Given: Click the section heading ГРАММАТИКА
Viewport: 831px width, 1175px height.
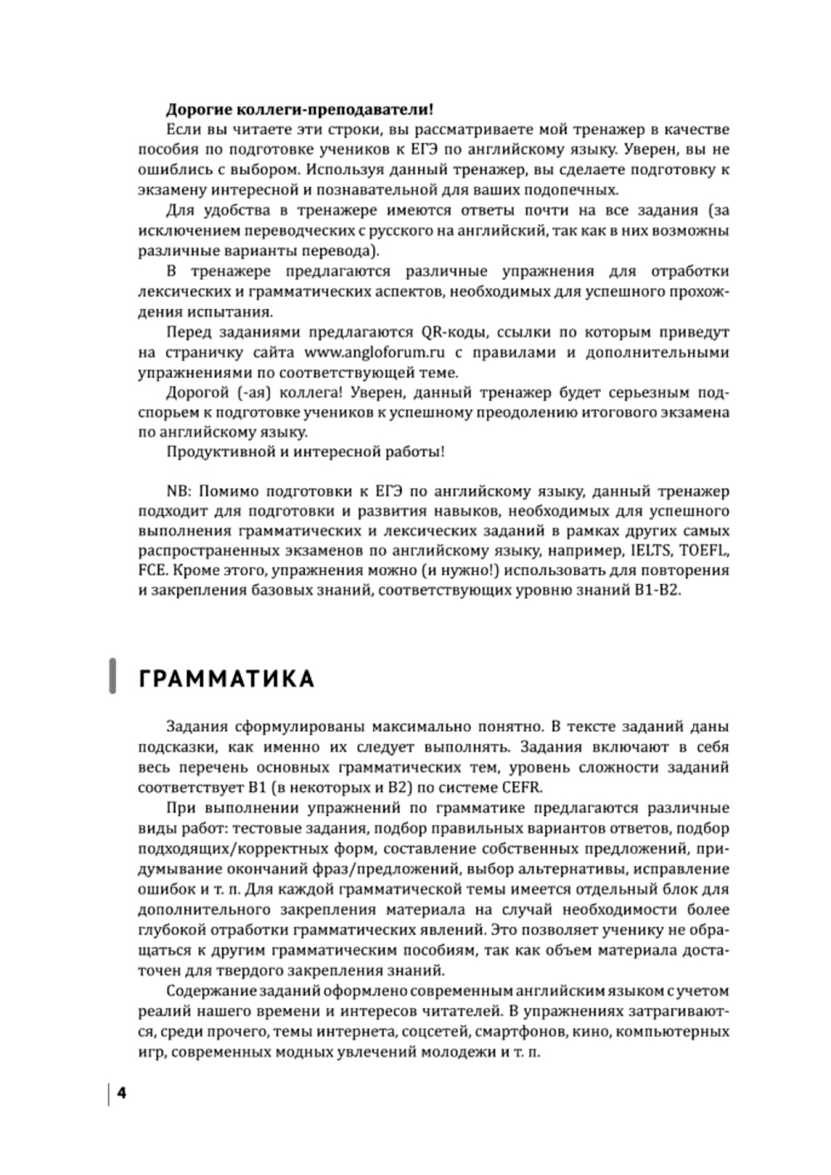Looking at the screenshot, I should click(226, 678).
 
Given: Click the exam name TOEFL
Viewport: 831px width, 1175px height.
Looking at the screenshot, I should click(705, 550).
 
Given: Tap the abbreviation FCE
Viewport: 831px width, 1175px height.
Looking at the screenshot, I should click(151, 571).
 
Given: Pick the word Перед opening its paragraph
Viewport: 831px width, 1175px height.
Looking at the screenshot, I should click(187, 332).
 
